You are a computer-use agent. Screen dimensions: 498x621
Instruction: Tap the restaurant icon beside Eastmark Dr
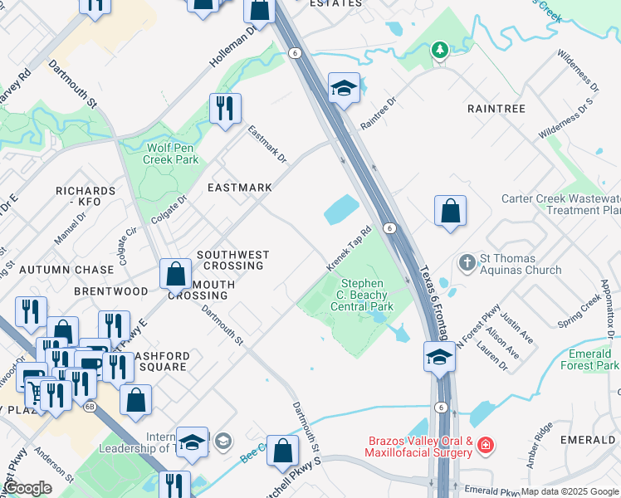point(225,109)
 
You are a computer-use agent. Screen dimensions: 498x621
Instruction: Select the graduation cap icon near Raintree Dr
point(342,87)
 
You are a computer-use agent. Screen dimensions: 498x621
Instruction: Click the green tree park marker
point(439,51)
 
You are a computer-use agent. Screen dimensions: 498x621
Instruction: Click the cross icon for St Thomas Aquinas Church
point(467,263)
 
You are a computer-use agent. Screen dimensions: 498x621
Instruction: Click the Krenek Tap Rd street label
point(348,249)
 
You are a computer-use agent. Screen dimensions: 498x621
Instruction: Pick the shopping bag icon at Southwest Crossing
point(175,273)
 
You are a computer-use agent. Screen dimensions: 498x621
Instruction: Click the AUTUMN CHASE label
point(66,270)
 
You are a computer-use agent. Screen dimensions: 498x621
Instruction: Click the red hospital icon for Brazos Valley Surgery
point(486,447)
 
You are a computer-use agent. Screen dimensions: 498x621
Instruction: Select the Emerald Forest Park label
point(589,359)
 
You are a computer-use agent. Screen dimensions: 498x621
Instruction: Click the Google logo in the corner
point(26,488)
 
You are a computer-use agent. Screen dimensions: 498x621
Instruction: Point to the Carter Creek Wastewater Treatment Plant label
point(560,204)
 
